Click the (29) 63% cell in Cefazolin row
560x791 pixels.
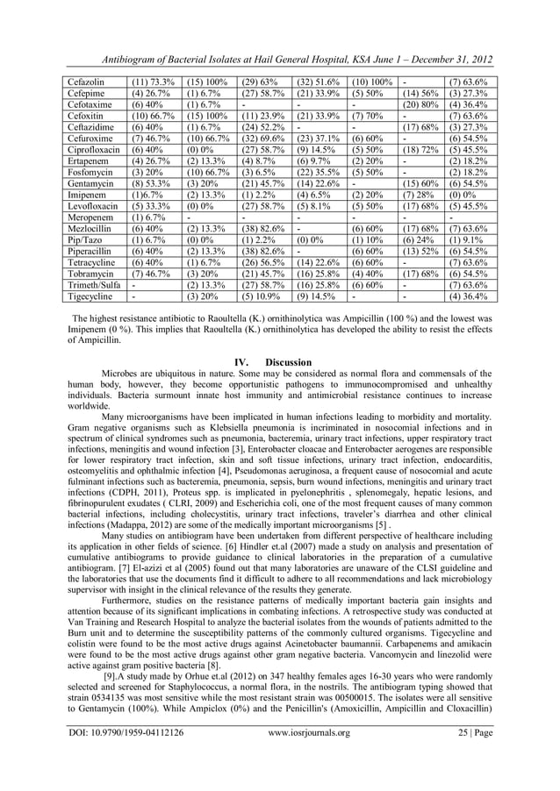coord(260,80)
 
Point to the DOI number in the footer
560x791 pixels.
coord(126,757)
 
